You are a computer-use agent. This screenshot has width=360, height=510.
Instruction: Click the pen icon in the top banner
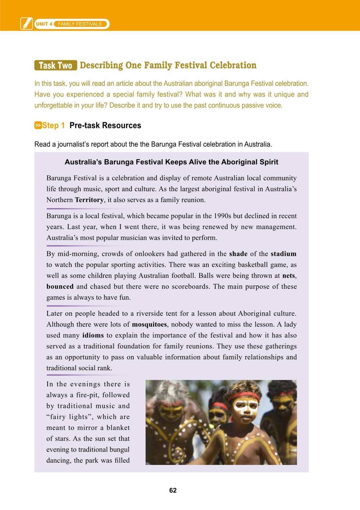point(26,24)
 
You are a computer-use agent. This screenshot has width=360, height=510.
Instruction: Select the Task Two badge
point(55,66)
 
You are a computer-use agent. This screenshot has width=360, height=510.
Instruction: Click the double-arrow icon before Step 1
point(38,126)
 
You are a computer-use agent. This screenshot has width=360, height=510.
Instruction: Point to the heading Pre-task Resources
point(105,126)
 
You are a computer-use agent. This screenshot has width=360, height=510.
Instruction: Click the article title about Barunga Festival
point(171,162)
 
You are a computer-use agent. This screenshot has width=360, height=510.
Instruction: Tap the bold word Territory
point(89,200)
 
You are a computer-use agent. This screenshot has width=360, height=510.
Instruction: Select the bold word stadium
point(283,254)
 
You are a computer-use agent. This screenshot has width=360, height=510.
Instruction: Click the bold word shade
point(238,254)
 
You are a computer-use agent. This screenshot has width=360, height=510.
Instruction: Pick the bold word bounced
point(60,287)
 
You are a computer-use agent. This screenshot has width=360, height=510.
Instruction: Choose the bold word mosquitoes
point(149,324)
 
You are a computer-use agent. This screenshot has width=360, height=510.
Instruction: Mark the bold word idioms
point(93,335)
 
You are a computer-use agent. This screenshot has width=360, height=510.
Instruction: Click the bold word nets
point(289,276)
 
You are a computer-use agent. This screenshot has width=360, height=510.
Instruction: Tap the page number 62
point(173,491)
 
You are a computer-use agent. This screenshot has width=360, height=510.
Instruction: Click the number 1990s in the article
point(223,216)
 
